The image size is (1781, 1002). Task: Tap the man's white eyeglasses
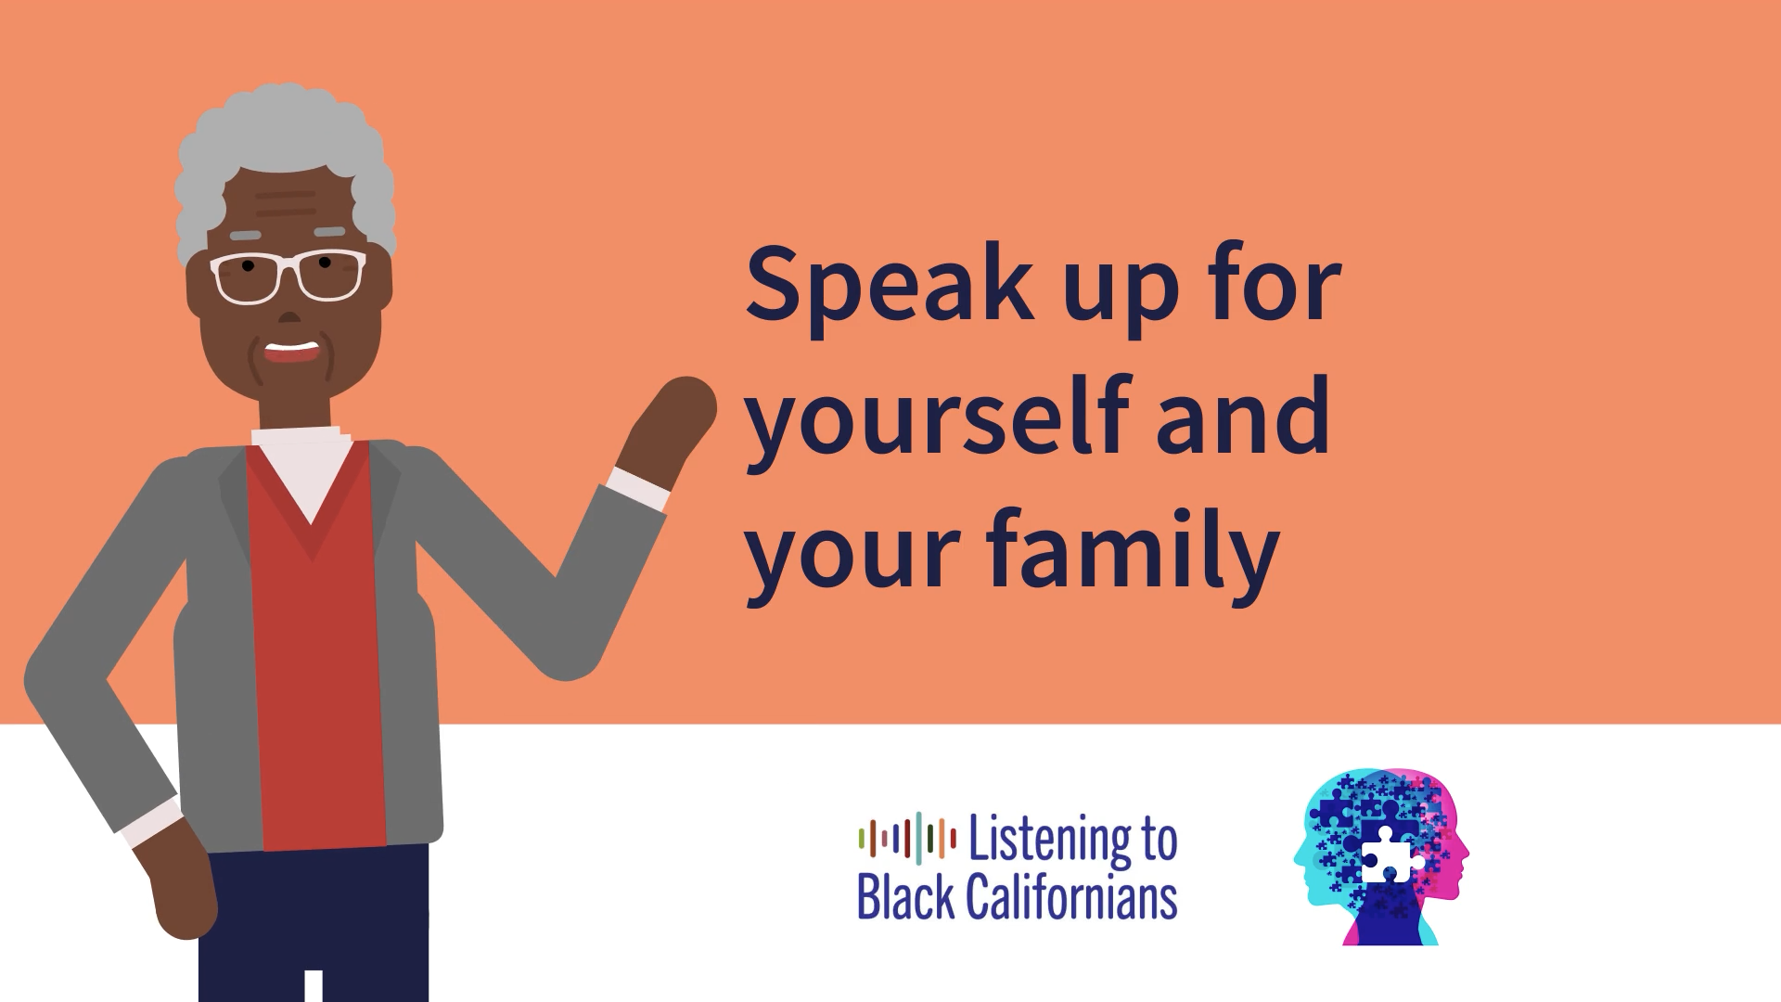coord(288,276)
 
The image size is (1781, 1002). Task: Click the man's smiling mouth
coord(292,352)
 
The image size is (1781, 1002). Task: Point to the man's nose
coord(289,315)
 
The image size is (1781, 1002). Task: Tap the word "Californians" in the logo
coord(1071,896)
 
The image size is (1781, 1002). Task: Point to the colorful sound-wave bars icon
coord(907,837)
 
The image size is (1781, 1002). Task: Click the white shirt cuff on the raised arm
coord(639,489)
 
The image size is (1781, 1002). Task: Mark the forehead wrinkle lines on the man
coord(286,203)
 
